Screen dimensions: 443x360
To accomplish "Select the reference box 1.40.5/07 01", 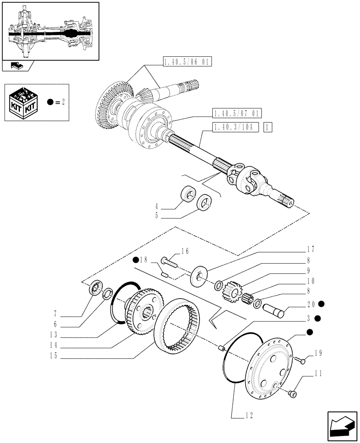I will pyautogui.click(x=237, y=113).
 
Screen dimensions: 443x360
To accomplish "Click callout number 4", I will pyautogui.click(x=157, y=206).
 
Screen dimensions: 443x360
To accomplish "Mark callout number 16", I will pyautogui.click(x=185, y=252).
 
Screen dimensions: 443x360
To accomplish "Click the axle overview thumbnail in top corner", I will pyautogui.click(x=50, y=31).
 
